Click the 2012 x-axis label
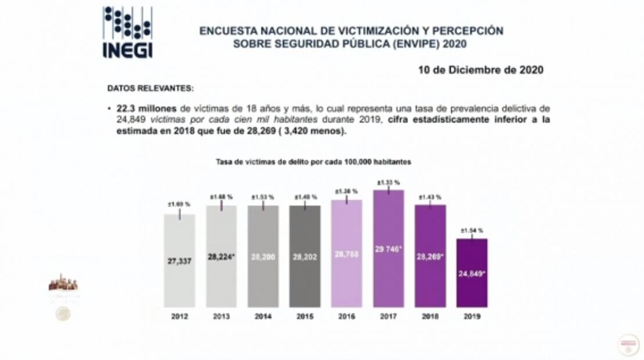[x=179, y=316]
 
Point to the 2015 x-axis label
[x=304, y=316]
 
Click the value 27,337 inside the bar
[x=179, y=261]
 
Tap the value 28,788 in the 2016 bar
[x=347, y=254]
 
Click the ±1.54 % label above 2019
[x=472, y=230]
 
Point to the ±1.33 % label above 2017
[x=388, y=182]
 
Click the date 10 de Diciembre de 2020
[x=481, y=70]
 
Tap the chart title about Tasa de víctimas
[x=313, y=162]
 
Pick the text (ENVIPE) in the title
[x=409, y=44]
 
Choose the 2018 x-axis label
[x=430, y=316]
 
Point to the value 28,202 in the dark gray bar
[x=304, y=255]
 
